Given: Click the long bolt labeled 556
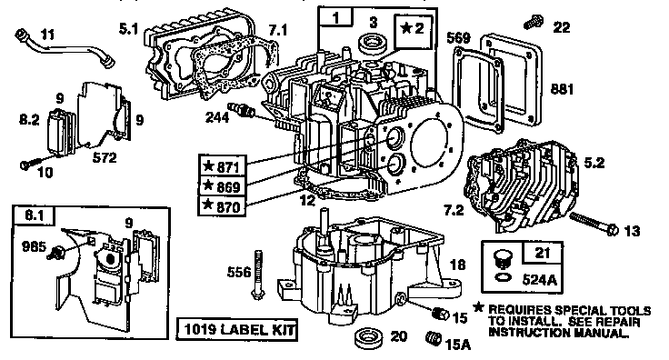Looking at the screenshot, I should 261,270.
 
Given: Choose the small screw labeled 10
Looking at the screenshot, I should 25,165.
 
